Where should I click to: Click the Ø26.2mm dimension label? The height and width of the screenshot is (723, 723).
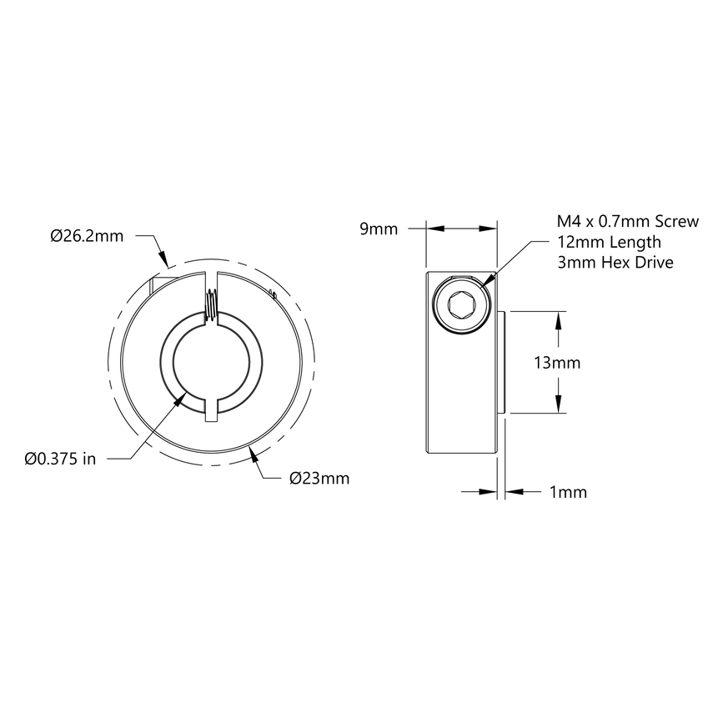point(87,236)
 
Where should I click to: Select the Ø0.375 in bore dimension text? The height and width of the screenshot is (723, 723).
point(61,458)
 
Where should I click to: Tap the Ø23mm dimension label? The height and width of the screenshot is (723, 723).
point(319,479)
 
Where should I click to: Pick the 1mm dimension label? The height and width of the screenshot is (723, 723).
point(569,492)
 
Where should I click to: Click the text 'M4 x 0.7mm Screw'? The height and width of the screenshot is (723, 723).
point(621,222)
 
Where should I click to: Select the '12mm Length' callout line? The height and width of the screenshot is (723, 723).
point(609,242)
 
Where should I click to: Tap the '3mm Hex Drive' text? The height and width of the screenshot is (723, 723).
point(615,262)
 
